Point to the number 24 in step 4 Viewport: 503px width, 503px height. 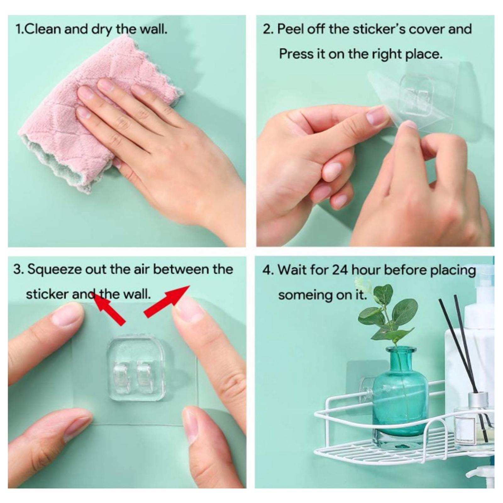coord(340,270)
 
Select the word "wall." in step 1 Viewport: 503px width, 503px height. coord(153,29)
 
